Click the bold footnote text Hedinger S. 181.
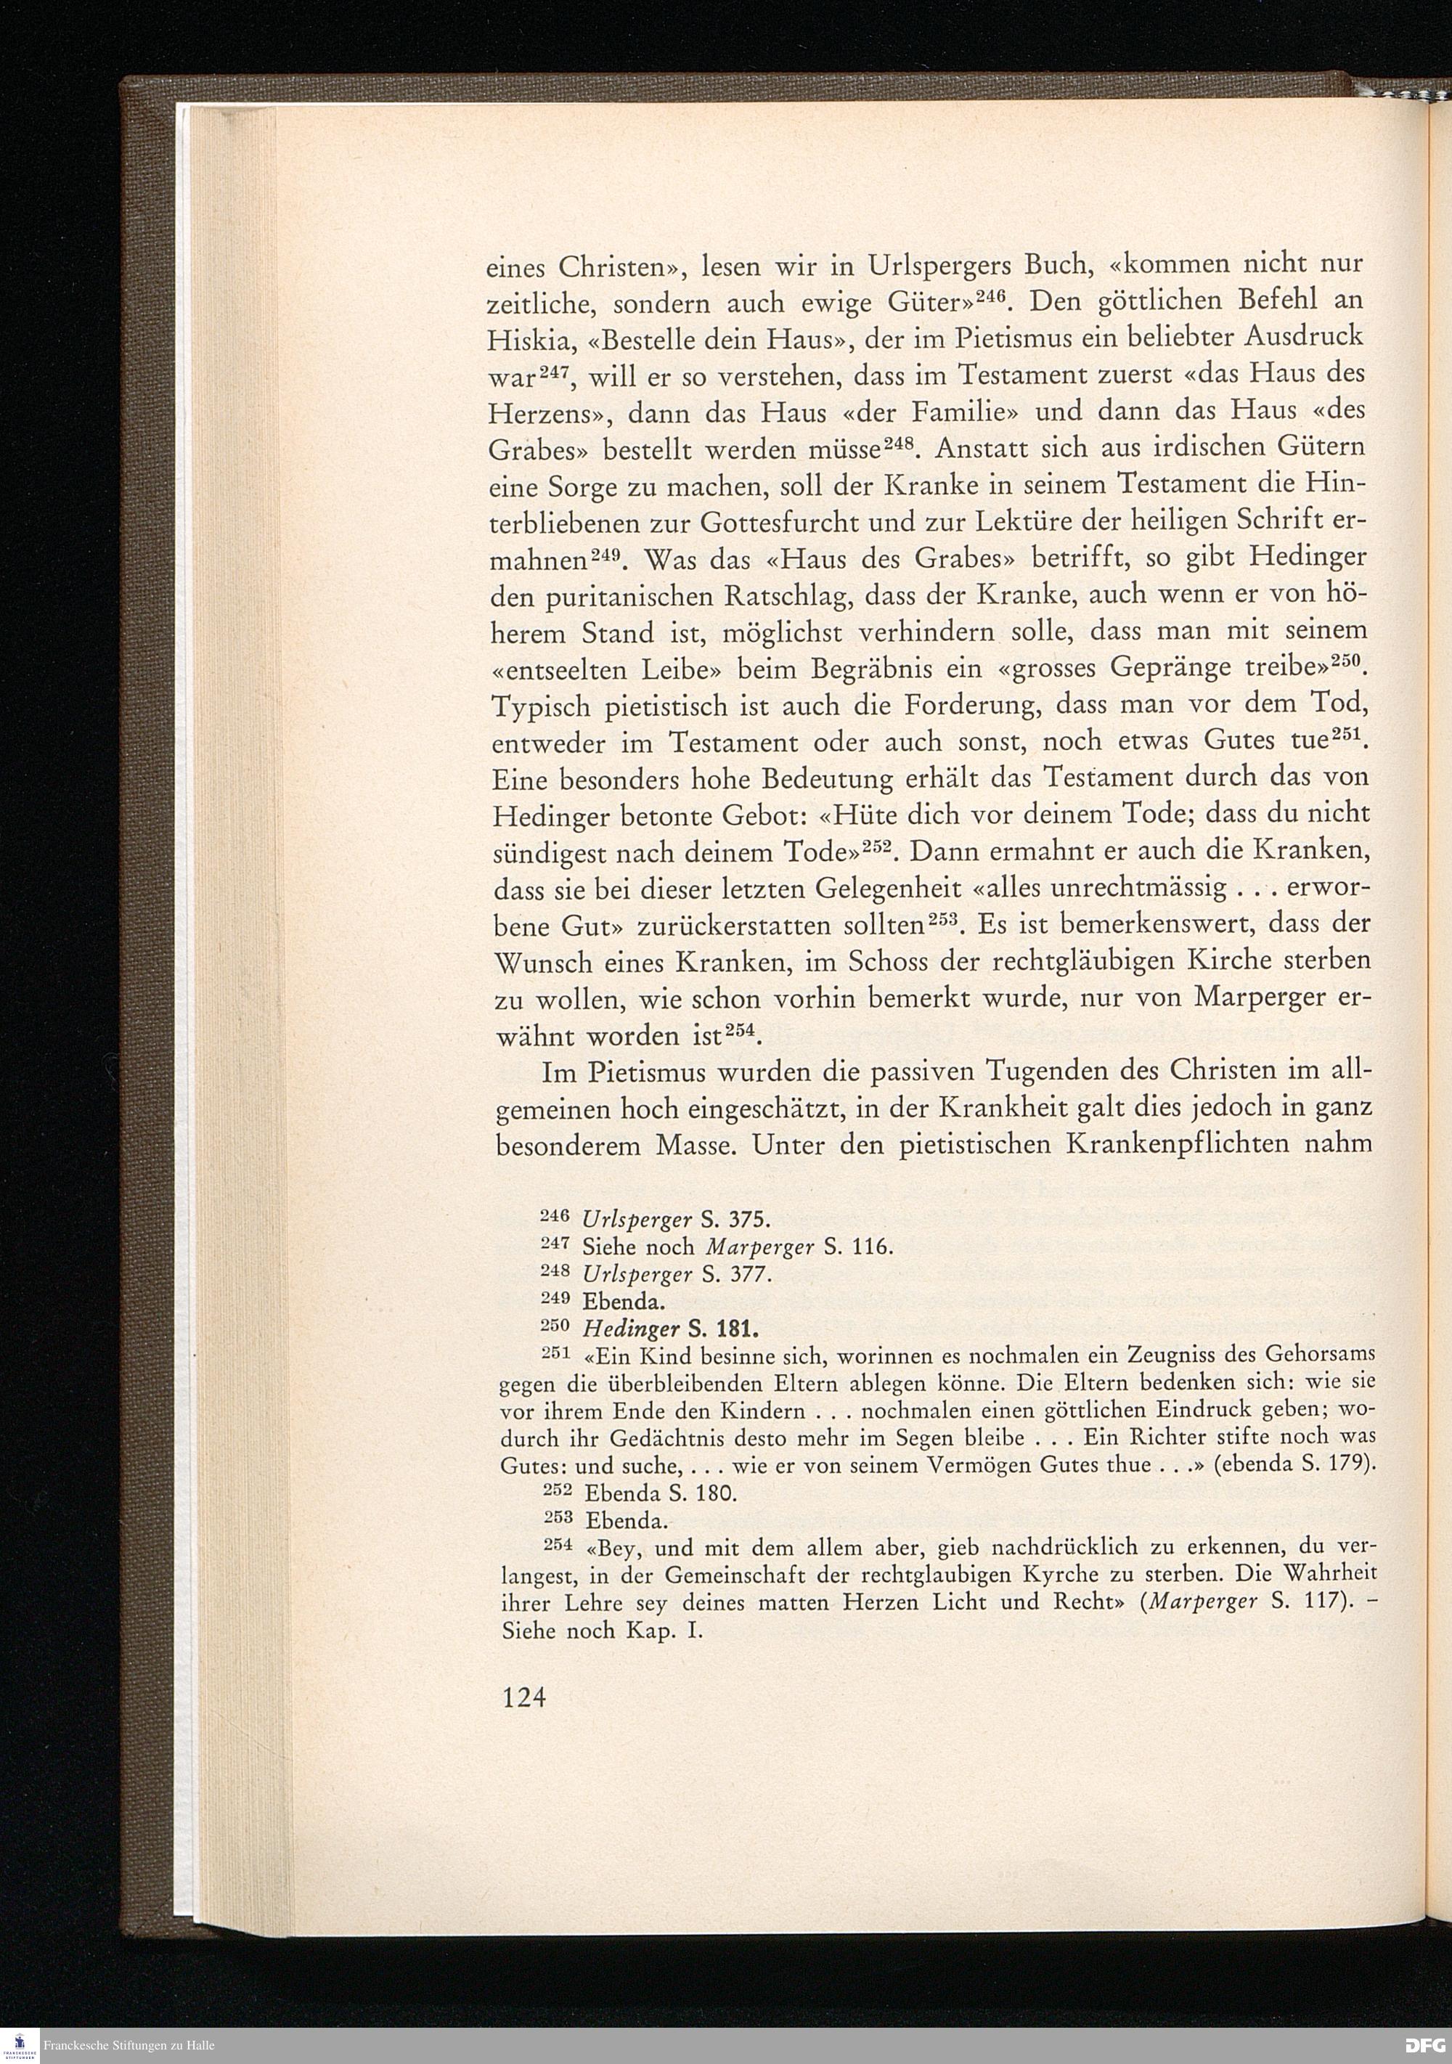(671, 1328)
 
